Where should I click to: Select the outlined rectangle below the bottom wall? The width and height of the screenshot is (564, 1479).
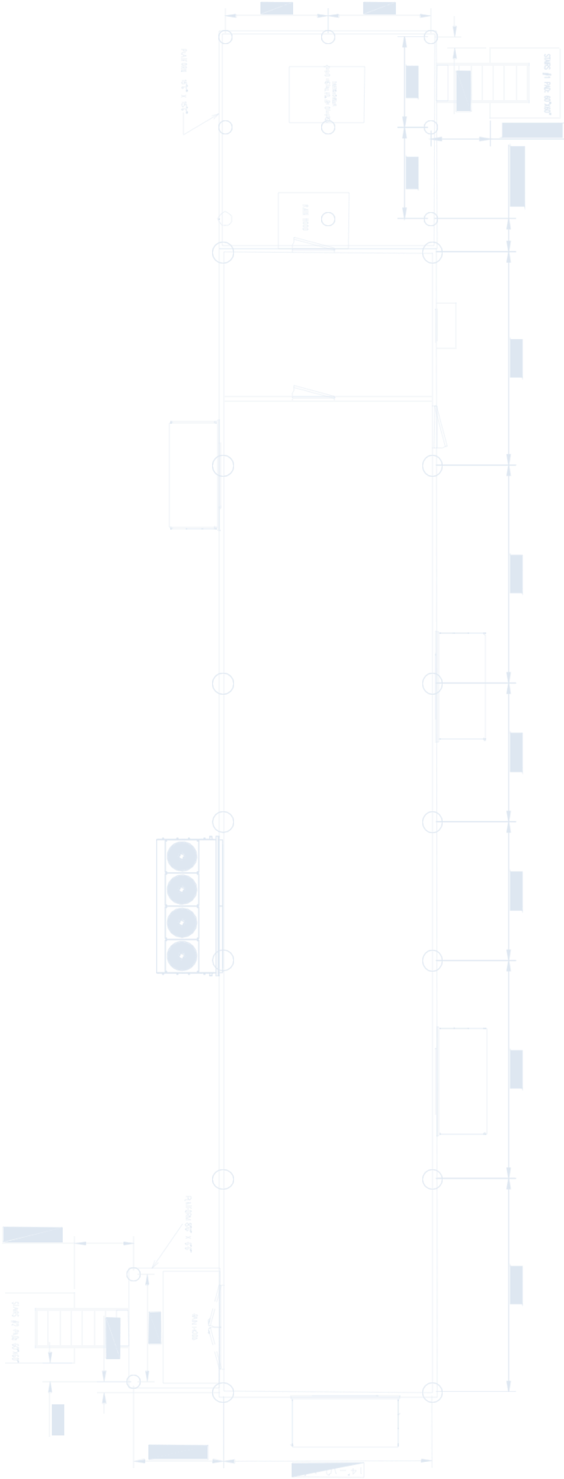(x=344, y=1422)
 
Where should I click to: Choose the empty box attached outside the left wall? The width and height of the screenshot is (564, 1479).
(x=194, y=475)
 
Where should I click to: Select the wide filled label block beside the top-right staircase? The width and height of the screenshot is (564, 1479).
(x=532, y=131)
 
